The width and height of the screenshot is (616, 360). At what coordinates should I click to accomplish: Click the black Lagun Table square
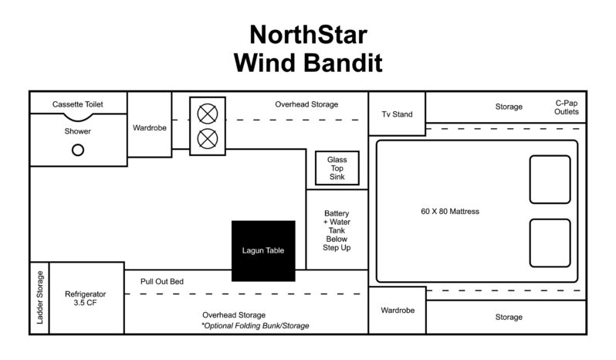pyautogui.click(x=263, y=251)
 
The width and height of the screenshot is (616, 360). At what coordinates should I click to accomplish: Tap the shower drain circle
pyautogui.click(x=78, y=150)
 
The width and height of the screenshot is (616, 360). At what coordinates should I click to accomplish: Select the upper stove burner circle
pyautogui.click(x=207, y=114)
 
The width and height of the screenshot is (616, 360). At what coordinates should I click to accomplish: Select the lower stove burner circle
pyautogui.click(x=207, y=139)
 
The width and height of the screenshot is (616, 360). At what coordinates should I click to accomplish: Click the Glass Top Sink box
pyautogui.click(x=337, y=168)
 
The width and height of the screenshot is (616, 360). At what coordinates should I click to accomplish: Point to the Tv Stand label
pyautogui.click(x=397, y=114)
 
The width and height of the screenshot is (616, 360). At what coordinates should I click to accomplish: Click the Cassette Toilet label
pyautogui.click(x=77, y=104)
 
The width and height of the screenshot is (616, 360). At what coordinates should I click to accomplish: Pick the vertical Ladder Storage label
pyautogui.click(x=40, y=298)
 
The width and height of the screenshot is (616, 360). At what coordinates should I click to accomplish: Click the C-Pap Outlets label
pyautogui.click(x=566, y=107)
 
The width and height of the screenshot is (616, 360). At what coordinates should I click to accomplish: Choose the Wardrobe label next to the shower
pyautogui.click(x=148, y=127)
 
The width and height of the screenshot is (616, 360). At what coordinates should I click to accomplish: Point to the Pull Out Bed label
pyautogui.click(x=162, y=281)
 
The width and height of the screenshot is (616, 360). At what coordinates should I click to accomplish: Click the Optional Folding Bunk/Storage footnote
pyautogui.click(x=255, y=326)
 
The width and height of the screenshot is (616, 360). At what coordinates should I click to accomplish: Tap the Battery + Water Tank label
pyautogui.click(x=337, y=229)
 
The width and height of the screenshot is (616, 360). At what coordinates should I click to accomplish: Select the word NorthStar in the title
pyautogui.click(x=307, y=34)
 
